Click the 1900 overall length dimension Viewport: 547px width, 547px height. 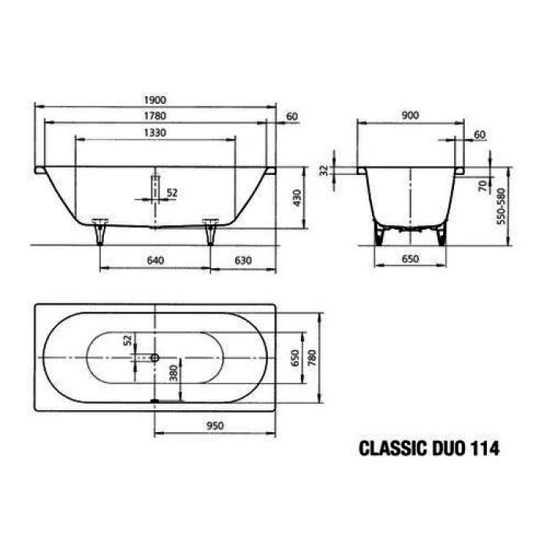click(x=155, y=100)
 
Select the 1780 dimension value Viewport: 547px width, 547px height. click(x=155, y=116)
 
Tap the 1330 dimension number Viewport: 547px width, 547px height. click(x=154, y=133)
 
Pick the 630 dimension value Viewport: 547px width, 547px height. click(x=242, y=260)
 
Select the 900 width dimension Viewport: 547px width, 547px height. click(x=409, y=116)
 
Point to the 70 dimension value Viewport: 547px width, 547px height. click(x=483, y=186)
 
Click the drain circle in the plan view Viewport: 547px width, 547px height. click(x=155, y=357)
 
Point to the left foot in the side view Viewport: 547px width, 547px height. click(x=99, y=231)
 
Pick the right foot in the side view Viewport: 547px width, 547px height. click(x=209, y=231)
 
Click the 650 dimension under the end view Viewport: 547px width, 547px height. click(x=410, y=260)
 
